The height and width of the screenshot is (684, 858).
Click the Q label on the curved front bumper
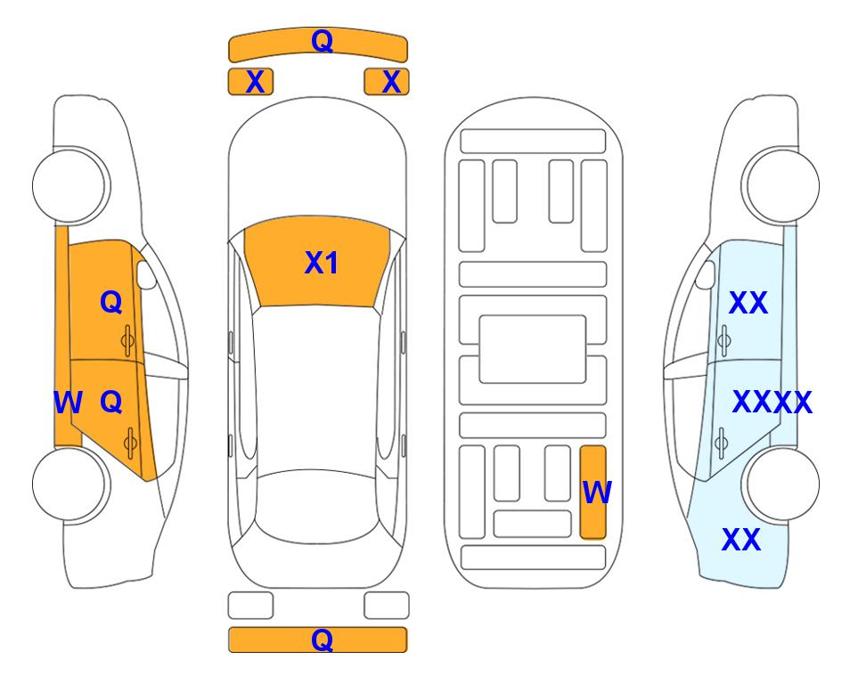[x=322, y=41]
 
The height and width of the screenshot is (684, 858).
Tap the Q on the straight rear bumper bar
[x=322, y=639]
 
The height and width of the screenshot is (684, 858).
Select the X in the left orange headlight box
[x=255, y=82]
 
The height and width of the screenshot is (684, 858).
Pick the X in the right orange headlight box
[x=391, y=82]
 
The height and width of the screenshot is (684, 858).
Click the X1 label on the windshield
[x=322, y=263]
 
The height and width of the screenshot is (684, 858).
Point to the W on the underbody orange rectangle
[x=597, y=493]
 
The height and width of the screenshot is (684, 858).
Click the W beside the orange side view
[x=68, y=403]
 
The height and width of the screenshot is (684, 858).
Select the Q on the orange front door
[x=111, y=302]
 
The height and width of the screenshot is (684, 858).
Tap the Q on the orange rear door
[x=111, y=403]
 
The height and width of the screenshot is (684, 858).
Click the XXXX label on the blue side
[x=772, y=403]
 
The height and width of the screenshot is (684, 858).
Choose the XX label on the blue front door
[x=748, y=303]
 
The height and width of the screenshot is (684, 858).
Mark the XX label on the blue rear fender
[x=741, y=540]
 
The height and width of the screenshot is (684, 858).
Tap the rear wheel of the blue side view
[x=780, y=484]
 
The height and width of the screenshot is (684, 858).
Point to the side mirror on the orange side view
[x=145, y=274]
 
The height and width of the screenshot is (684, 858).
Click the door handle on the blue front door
[x=724, y=340]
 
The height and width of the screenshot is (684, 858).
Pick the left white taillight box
[x=250, y=606]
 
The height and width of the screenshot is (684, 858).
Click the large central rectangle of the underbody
[x=533, y=349]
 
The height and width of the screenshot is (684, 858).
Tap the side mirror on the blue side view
[x=706, y=274]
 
